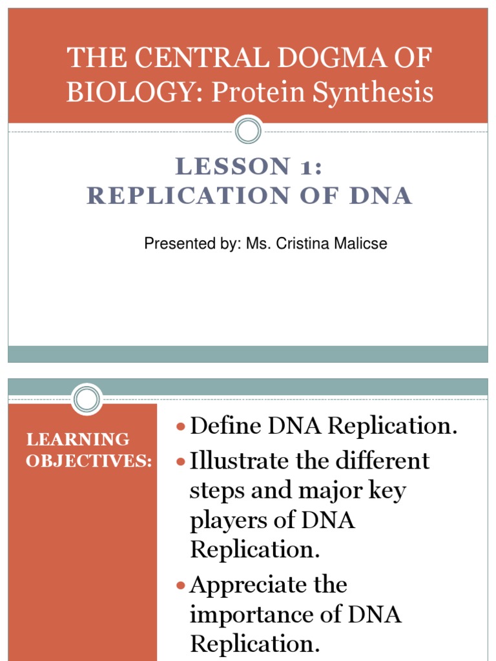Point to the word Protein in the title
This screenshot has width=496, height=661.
pyautogui.click(x=258, y=93)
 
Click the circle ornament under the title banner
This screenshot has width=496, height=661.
pyautogui.click(x=248, y=132)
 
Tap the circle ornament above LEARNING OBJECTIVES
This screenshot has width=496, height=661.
pyautogui.click(x=87, y=399)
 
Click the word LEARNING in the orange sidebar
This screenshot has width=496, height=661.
pyautogui.click(x=78, y=440)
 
